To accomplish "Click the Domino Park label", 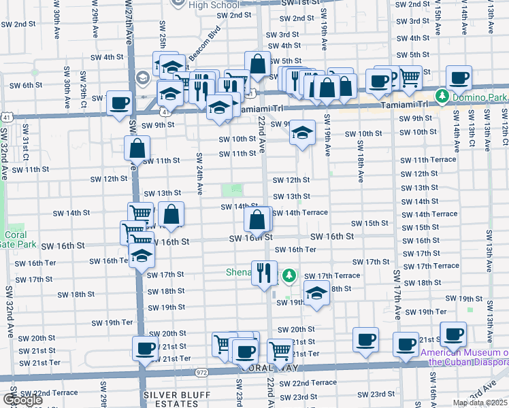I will tap(480, 98).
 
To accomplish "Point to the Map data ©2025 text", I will tap(480, 403).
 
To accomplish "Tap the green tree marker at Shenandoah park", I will tap(290, 275).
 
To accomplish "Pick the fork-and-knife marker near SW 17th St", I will tap(264, 273).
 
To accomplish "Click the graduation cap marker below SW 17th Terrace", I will tap(316, 294).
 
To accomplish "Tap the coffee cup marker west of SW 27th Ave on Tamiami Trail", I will tap(120, 103).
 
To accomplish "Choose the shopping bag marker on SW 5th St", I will tap(258, 65).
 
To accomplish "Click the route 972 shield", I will tap(201, 372).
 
